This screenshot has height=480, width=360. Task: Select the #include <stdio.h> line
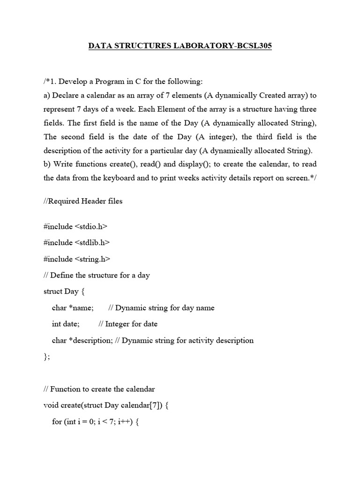pos(75,226)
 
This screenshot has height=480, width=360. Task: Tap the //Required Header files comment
pos(83,201)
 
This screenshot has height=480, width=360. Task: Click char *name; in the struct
pos(73,308)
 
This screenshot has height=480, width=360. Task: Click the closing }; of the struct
pos(46,357)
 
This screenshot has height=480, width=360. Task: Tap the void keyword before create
pos(50,405)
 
